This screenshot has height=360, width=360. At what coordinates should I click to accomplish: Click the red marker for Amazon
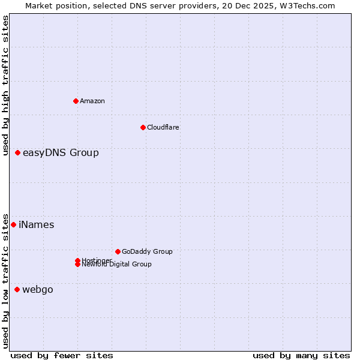[76, 101]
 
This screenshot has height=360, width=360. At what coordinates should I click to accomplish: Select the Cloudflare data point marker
[143, 127]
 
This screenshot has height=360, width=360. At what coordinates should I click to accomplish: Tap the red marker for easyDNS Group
[18, 153]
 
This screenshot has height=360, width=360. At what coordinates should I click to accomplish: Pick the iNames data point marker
[14, 225]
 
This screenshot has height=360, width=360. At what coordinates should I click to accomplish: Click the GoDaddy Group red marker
[118, 251]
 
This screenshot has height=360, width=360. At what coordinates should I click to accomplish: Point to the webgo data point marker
[17, 290]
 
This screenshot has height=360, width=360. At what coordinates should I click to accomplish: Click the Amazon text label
[92, 101]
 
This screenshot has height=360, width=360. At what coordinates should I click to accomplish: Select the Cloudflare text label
[163, 127]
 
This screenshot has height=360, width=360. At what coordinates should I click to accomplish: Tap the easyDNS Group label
[61, 153]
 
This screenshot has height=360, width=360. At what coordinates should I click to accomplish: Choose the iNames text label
[37, 225]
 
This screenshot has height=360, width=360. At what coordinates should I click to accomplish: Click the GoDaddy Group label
[147, 251]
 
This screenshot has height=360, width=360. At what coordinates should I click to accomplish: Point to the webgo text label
[38, 290]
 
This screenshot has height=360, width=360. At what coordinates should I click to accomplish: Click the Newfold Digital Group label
[117, 265]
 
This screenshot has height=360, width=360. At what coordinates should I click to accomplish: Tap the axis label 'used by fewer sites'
[62, 355]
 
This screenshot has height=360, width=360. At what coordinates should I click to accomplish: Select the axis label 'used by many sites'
[301, 355]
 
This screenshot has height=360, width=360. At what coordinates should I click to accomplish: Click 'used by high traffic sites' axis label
[6, 85]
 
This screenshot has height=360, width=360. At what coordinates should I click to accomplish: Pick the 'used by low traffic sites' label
[6, 280]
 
